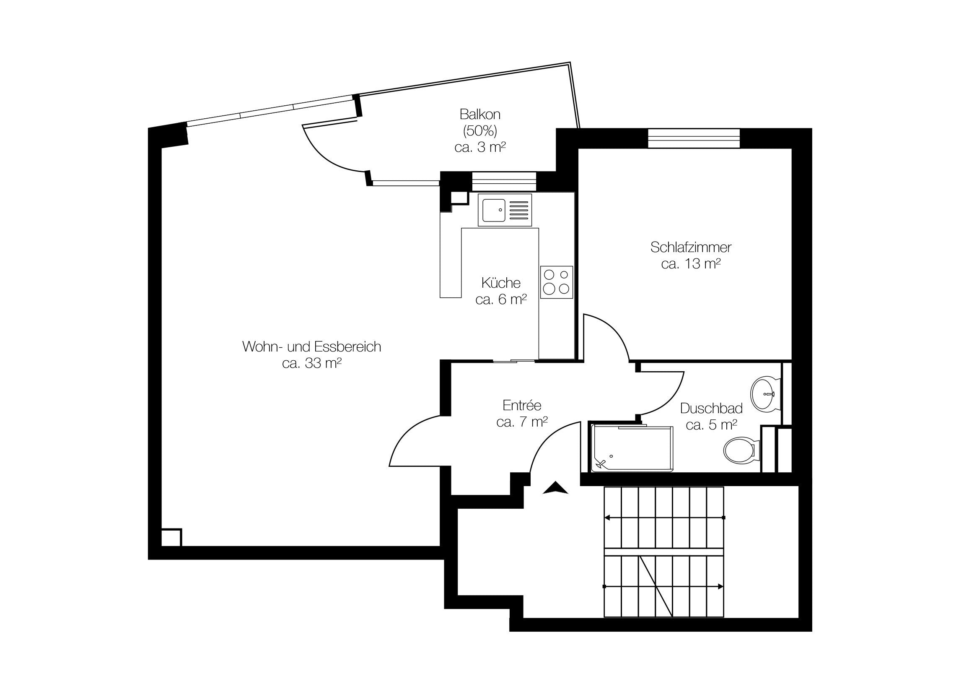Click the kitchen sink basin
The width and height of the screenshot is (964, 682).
[x=494, y=210]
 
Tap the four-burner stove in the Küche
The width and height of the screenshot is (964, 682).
[x=556, y=282]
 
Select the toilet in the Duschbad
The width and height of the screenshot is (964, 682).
[x=741, y=450]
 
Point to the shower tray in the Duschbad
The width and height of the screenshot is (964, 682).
[x=632, y=448]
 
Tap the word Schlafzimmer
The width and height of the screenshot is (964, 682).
[x=691, y=247]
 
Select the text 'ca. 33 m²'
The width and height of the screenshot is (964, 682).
[x=311, y=363]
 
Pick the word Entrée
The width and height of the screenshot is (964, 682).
[x=522, y=405]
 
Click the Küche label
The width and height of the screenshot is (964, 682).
[x=501, y=283]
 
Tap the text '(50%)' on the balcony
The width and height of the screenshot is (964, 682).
[x=480, y=131]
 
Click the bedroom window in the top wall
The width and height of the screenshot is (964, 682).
[x=694, y=138]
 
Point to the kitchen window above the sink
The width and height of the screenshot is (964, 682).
[x=504, y=182]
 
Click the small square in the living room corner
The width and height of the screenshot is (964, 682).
[x=171, y=537]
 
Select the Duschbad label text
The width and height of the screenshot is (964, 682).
[x=711, y=408]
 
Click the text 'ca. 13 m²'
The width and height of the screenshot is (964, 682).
[x=691, y=264]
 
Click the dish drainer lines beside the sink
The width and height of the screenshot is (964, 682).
[x=518, y=210]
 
